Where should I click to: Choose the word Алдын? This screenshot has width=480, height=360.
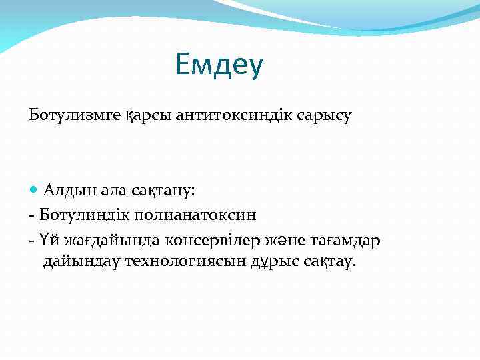click(x=67, y=191)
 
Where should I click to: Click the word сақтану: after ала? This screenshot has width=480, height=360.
click(x=159, y=191)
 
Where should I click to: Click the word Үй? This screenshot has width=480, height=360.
click(x=47, y=239)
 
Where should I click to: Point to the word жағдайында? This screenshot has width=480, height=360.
click(x=103, y=239)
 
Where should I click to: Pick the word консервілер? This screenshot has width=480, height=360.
click(x=207, y=239)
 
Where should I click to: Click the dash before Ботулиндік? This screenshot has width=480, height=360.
click(x=31, y=215)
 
